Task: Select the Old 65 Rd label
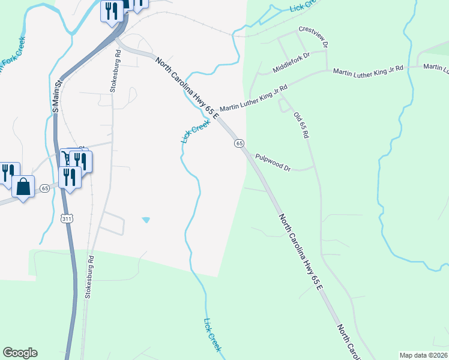301,125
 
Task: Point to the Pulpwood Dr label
273,163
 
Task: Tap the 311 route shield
68,219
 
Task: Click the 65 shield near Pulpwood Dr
239,143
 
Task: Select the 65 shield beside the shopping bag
44,188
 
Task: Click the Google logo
20,353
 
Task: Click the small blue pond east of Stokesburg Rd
146,220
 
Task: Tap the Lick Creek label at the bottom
212,335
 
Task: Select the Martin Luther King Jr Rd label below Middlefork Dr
253,99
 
